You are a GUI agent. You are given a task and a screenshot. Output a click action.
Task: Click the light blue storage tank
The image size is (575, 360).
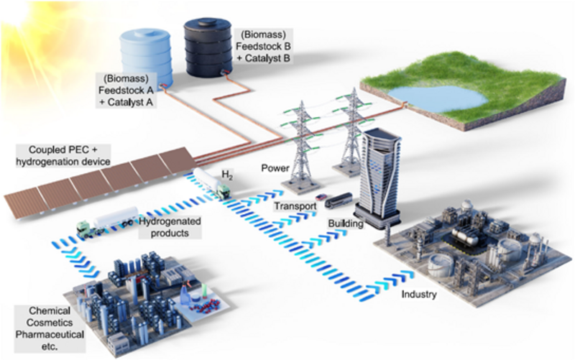[145, 54]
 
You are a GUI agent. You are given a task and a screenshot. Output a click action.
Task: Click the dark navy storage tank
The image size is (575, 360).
[207, 45]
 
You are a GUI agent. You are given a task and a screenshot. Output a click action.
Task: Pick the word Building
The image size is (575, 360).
[344, 223]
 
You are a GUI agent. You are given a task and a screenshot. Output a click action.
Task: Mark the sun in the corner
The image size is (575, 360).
[22, 22]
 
